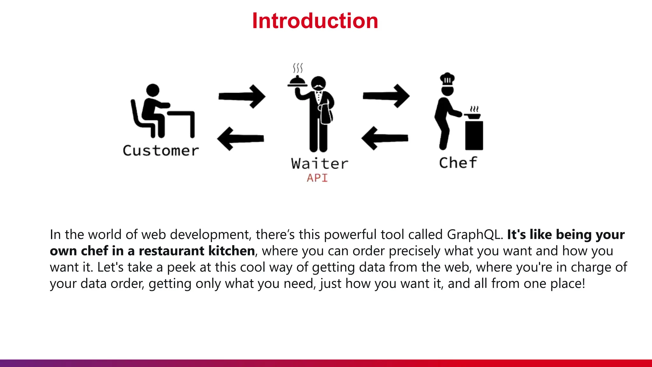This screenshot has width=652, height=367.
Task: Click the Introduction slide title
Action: (315, 21)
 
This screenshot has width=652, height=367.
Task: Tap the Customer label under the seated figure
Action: (161, 151)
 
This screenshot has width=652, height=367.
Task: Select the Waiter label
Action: (319, 164)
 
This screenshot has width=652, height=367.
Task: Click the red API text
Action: (317, 178)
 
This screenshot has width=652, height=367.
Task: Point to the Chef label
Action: (458, 163)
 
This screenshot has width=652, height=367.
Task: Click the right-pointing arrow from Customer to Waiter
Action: (242, 96)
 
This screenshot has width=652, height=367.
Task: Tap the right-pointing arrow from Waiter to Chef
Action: (386, 96)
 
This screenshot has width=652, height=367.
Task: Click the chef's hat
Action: (447, 78)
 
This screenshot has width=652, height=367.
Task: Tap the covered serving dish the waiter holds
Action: (297, 81)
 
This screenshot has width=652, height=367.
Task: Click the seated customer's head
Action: (152, 90)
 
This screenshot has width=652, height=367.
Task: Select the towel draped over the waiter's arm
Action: (326, 114)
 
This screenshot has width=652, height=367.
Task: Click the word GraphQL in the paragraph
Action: (475, 235)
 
